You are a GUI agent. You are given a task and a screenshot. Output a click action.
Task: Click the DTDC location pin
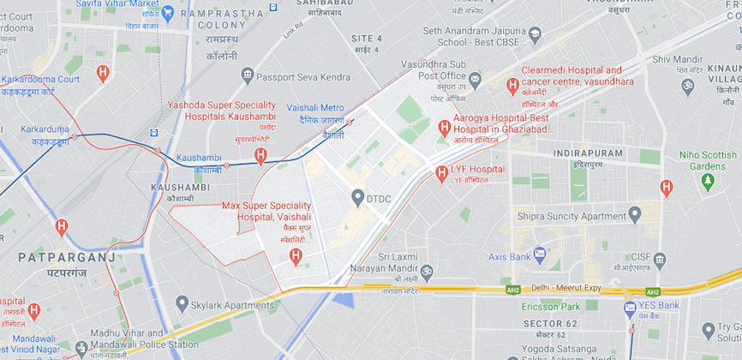click(358, 198)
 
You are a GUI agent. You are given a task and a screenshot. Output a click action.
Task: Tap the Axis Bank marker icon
click(539, 255)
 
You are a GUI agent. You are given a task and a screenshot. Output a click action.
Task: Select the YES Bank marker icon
click(631, 306)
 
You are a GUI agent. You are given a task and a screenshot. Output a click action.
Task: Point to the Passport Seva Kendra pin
click(248, 77)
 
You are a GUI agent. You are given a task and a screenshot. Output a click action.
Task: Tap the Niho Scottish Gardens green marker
click(708, 182)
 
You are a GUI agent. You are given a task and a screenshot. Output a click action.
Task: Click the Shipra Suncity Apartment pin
click(635, 213)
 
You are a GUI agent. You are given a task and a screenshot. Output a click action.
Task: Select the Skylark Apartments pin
click(182, 303)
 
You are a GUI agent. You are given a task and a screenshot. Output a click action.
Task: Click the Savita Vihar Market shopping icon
click(168, 12)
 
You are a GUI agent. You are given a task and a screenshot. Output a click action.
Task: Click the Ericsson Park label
click(559, 306)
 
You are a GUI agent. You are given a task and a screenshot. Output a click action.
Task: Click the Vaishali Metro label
click(315, 108)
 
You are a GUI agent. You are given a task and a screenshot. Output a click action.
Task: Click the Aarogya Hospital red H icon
click(444, 128)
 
